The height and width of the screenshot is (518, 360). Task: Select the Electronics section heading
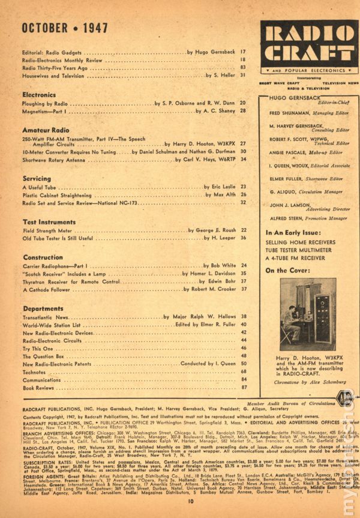tap(40, 95)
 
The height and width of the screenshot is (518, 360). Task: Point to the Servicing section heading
tap(37, 179)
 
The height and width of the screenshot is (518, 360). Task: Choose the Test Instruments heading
tap(49, 222)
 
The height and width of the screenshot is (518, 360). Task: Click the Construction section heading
tap(43, 256)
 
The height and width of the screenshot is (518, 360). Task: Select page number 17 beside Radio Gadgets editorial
tap(244, 53)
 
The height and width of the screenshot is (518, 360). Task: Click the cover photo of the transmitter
tap(308, 315)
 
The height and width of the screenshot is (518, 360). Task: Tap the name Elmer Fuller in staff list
tap(287, 177)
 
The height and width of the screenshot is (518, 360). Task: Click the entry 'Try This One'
tap(40, 348)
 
